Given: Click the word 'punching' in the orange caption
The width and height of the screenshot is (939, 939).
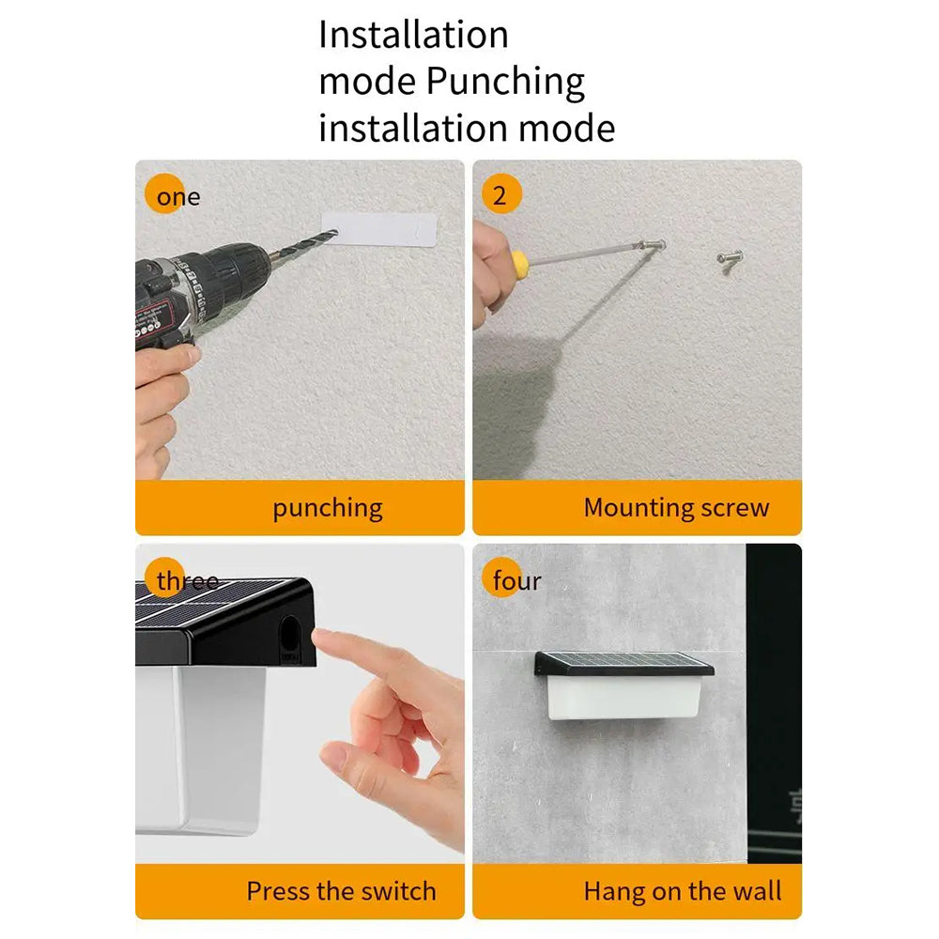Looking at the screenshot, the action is [328, 508].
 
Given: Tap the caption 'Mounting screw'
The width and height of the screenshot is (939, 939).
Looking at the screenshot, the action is [677, 507].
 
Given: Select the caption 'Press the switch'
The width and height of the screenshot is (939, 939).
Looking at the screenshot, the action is [342, 891].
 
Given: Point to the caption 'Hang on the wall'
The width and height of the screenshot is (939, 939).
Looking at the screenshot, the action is [683, 891].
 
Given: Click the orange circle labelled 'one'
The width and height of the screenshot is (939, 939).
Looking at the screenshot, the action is [164, 193].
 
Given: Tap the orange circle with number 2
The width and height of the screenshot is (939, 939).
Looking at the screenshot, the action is [501, 194].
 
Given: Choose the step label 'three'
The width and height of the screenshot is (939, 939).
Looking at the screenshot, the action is [188, 580].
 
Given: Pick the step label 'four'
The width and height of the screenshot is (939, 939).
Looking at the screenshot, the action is [516, 580].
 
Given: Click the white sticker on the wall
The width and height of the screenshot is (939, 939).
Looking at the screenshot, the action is [379, 229].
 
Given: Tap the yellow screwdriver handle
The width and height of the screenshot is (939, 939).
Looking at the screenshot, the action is [518, 261].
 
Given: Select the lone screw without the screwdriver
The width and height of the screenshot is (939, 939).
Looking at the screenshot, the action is [730, 258].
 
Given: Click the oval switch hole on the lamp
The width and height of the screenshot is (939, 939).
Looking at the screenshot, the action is [290, 639].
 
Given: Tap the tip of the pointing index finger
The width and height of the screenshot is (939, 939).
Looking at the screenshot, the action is [316, 637].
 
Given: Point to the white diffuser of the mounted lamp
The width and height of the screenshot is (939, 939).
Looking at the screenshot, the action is [624, 698].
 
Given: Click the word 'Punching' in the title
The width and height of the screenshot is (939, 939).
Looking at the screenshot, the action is [505, 82].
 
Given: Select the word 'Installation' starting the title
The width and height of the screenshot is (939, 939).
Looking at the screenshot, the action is [413, 35].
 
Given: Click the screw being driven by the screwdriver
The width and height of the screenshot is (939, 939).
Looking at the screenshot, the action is [651, 245].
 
